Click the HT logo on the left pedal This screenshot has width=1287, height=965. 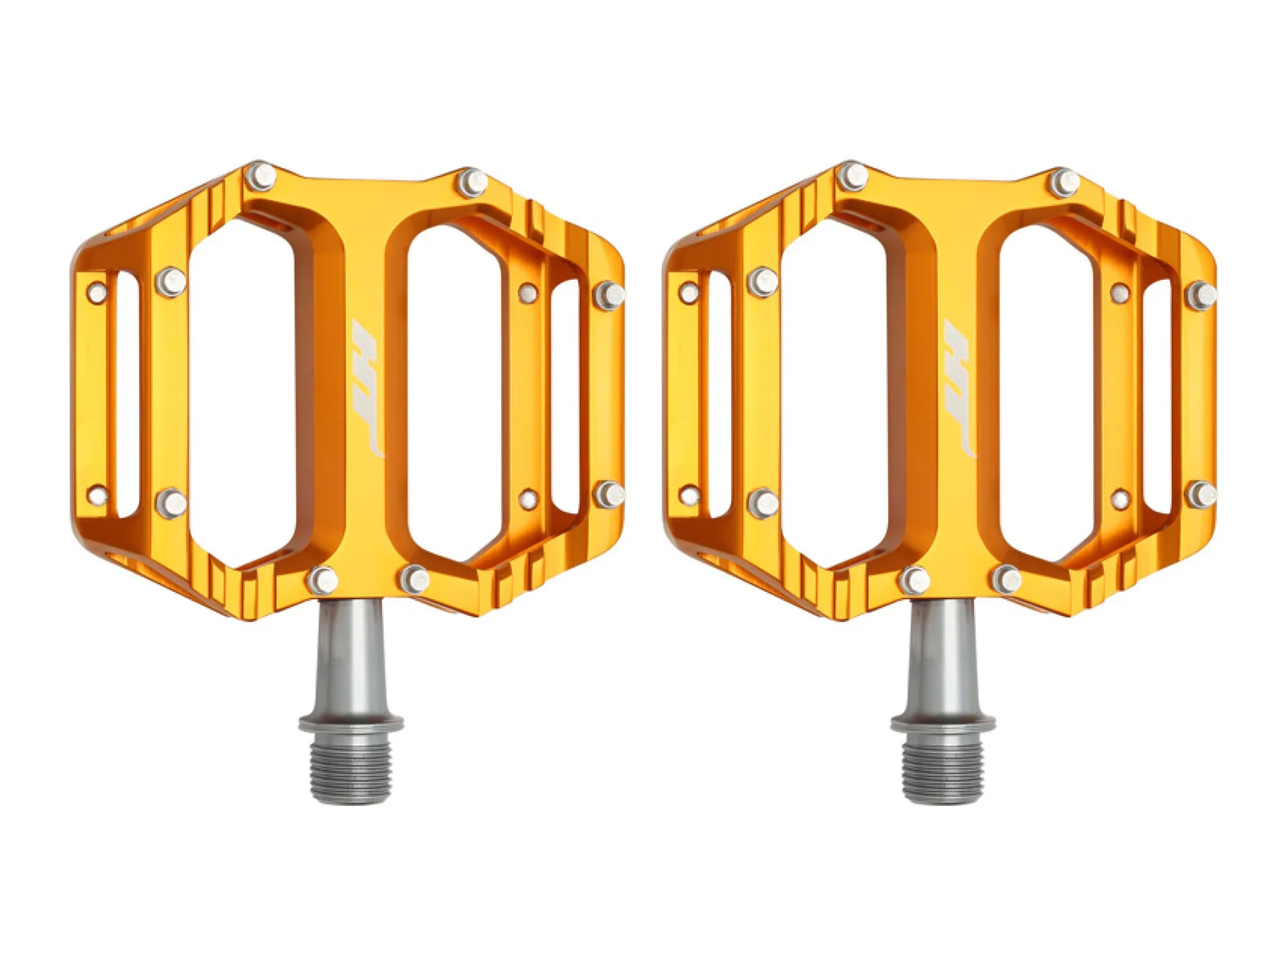366,388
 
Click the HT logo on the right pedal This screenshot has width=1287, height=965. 959,388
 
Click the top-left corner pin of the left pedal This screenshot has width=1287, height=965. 260,176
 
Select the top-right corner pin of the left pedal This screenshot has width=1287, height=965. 473,183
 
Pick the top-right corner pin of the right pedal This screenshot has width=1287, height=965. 1065,183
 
